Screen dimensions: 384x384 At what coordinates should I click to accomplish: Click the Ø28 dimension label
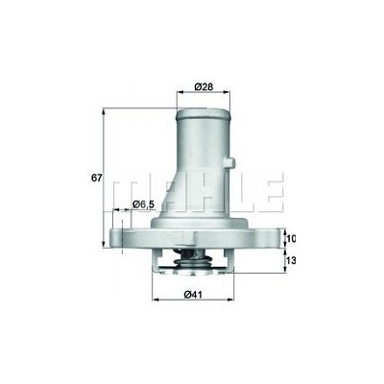(x=204, y=86)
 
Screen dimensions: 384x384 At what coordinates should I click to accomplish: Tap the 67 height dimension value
(x=96, y=178)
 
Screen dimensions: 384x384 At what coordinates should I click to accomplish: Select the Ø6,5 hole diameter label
(x=144, y=204)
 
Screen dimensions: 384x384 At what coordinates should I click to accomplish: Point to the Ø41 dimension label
(x=193, y=294)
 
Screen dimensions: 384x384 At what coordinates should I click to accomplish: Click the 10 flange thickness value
(x=290, y=238)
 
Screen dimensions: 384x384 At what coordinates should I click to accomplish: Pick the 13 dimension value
(x=290, y=260)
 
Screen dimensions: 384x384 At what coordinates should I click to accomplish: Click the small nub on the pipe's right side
(x=230, y=162)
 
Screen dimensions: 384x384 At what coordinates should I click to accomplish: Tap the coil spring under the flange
(x=192, y=263)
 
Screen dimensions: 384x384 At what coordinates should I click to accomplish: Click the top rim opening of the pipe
(x=204, y=113)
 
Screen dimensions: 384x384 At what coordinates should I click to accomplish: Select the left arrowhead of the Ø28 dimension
(x=180, y=92)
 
